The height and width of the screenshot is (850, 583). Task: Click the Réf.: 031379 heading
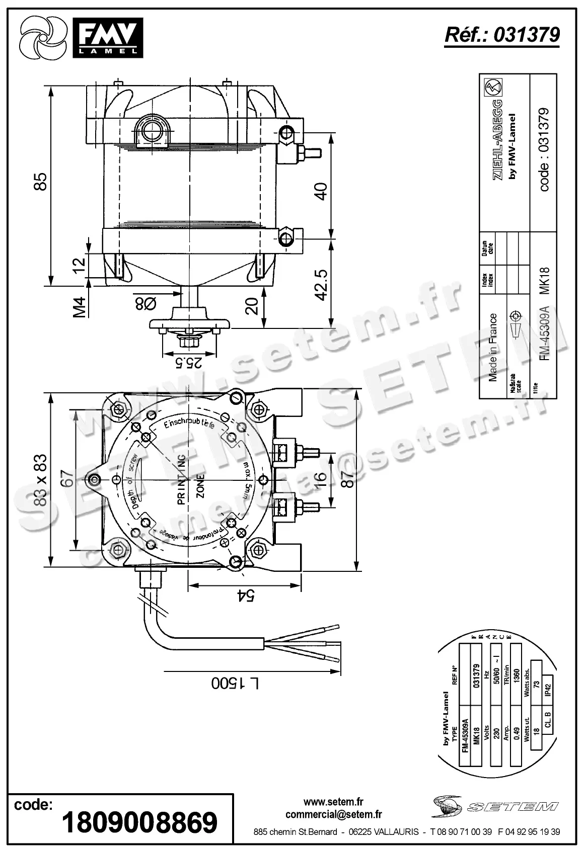point(502,35)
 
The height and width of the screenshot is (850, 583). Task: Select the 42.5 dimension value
point(321,285)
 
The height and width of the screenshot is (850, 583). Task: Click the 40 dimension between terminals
point(321,191)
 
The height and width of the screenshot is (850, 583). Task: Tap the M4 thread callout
point(80,307)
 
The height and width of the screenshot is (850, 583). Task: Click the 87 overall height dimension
point(347,480)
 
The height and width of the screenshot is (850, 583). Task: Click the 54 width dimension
point(246,596)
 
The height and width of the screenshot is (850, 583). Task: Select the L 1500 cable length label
point(235,683)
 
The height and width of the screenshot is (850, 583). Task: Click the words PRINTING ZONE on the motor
point(191,480)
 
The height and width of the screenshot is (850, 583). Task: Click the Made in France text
point(493,347)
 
